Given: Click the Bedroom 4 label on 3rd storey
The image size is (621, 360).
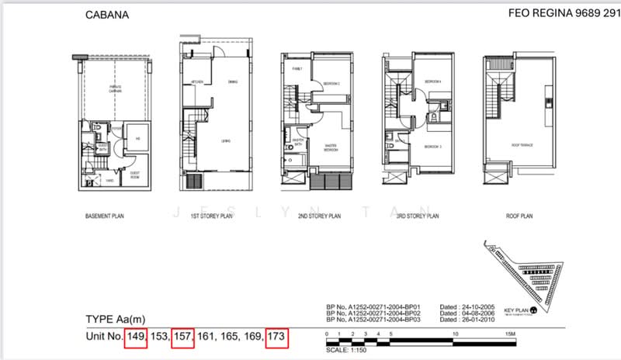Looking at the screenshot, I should pos(432,81).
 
